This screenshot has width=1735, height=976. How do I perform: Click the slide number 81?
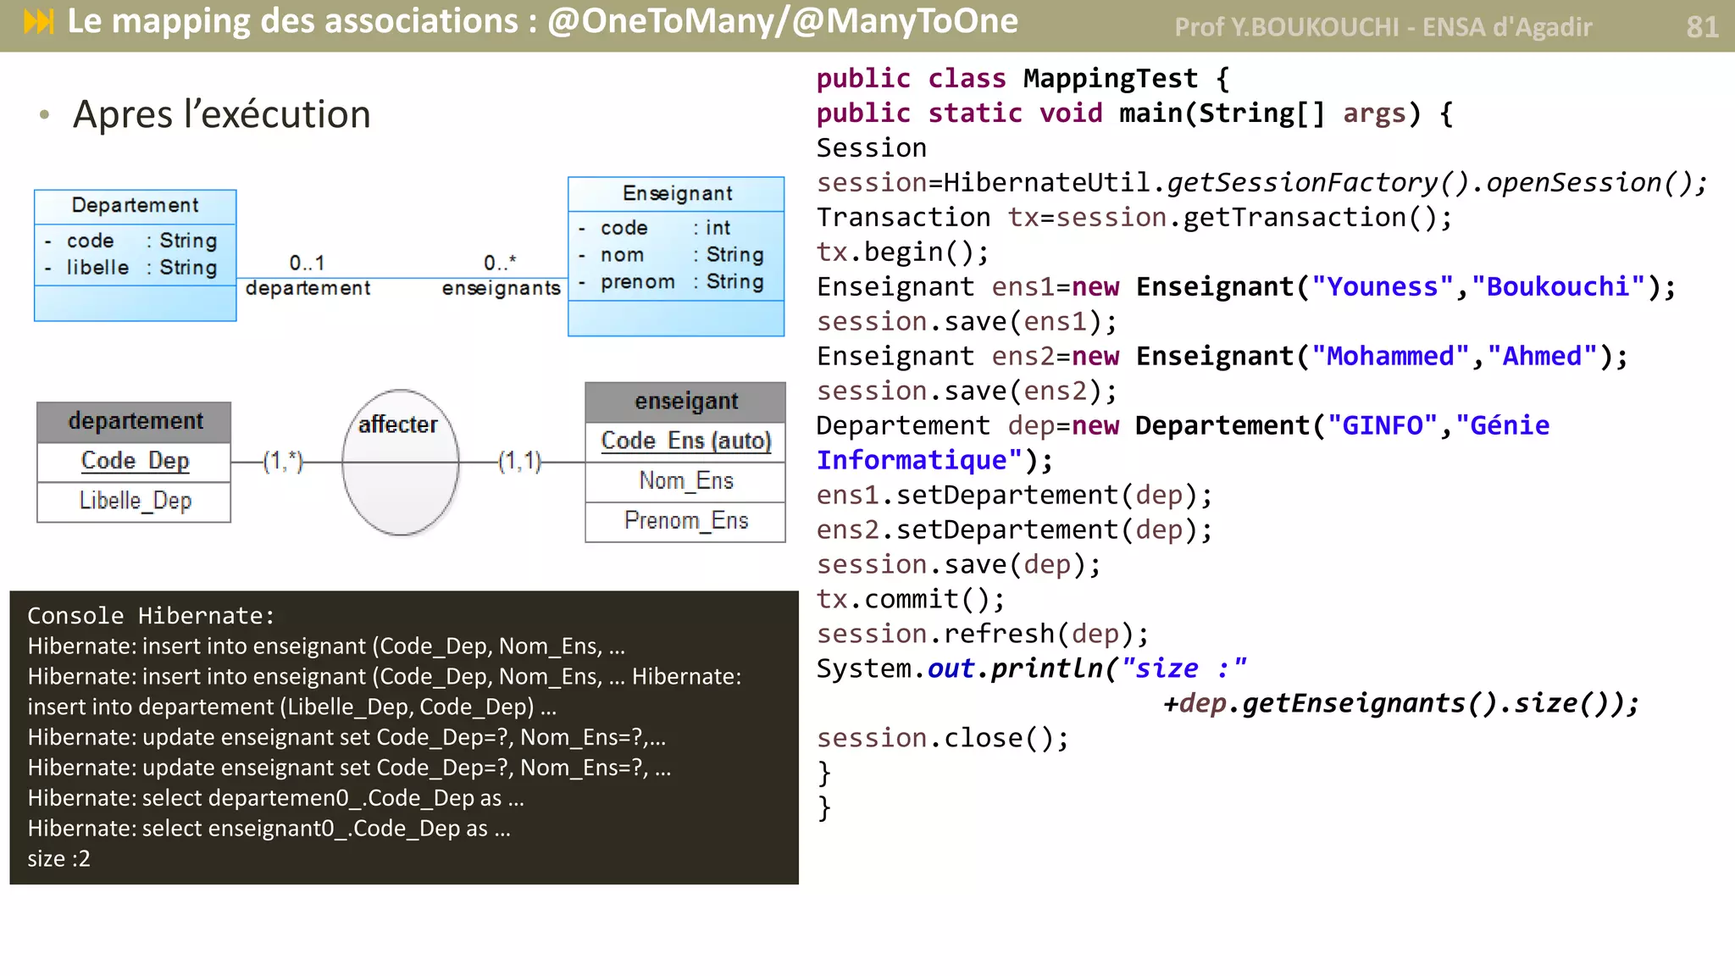(1701, 27)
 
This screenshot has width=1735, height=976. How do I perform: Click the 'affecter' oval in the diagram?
(400, 463)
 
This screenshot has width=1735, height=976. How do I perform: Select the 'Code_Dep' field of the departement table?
(135, 461)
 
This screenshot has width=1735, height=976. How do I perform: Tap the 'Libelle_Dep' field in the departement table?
(135, 501)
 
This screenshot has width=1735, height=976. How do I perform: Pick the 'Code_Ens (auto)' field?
(685, 441)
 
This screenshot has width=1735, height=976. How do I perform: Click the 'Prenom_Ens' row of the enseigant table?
(685, 520)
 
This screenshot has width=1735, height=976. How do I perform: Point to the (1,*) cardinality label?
(282, 462)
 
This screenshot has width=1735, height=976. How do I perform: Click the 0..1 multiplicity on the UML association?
(307, 263)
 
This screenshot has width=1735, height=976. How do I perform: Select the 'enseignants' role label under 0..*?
(501, 288)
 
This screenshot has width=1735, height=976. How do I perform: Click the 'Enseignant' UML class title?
(677, 193)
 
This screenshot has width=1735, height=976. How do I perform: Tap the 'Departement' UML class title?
(135, 205)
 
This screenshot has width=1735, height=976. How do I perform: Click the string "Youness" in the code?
(1382, 287)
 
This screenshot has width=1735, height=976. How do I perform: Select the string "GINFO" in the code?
(1382, 425)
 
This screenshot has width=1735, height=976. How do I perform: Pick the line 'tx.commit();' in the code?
(911, 599)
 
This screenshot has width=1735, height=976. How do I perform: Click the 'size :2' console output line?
(58, 858)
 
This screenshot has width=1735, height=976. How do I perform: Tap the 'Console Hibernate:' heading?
(151, 616)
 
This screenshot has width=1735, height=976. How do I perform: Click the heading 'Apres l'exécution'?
(221, 114)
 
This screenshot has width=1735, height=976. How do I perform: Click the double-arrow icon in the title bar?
(39, 22)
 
